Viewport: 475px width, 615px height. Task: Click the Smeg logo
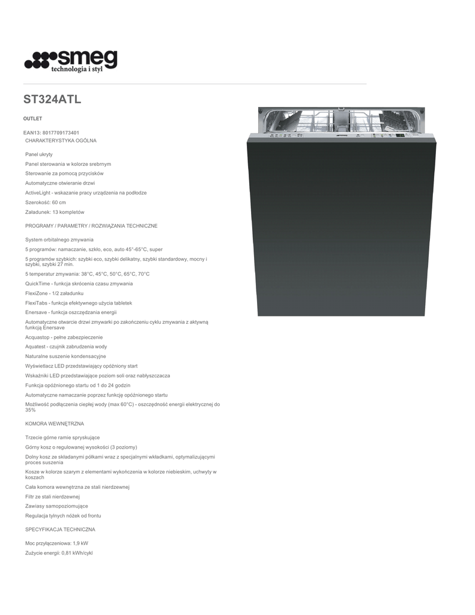point(71,61)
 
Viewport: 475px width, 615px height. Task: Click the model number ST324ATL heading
point(52,100)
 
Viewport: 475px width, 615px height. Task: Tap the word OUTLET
point(32,119)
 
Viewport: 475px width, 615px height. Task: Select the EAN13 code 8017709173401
point(51,133)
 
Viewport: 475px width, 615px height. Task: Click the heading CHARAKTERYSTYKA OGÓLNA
point(61,141)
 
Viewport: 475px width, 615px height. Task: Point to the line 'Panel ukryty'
point(39,154)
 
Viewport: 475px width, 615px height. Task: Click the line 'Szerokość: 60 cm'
point(46,202)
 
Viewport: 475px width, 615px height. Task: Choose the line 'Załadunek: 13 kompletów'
point(55,212)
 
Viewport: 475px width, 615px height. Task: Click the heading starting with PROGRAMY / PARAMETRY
point(91,226)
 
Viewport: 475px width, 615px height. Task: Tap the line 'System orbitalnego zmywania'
point(59,240)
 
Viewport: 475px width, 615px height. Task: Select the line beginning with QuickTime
point(79,283)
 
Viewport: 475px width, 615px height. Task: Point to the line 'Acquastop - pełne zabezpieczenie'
point(64,337)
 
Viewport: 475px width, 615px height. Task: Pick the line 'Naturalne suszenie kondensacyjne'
point(65,356)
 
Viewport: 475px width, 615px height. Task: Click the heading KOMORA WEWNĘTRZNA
point(55,423)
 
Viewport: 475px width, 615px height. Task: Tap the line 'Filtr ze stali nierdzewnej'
point(52,497)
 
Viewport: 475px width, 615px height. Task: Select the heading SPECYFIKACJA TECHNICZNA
point(60,530)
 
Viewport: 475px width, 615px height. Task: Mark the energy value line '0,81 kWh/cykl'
point(59,553)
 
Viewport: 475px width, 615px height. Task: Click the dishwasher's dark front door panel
point(341,228)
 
